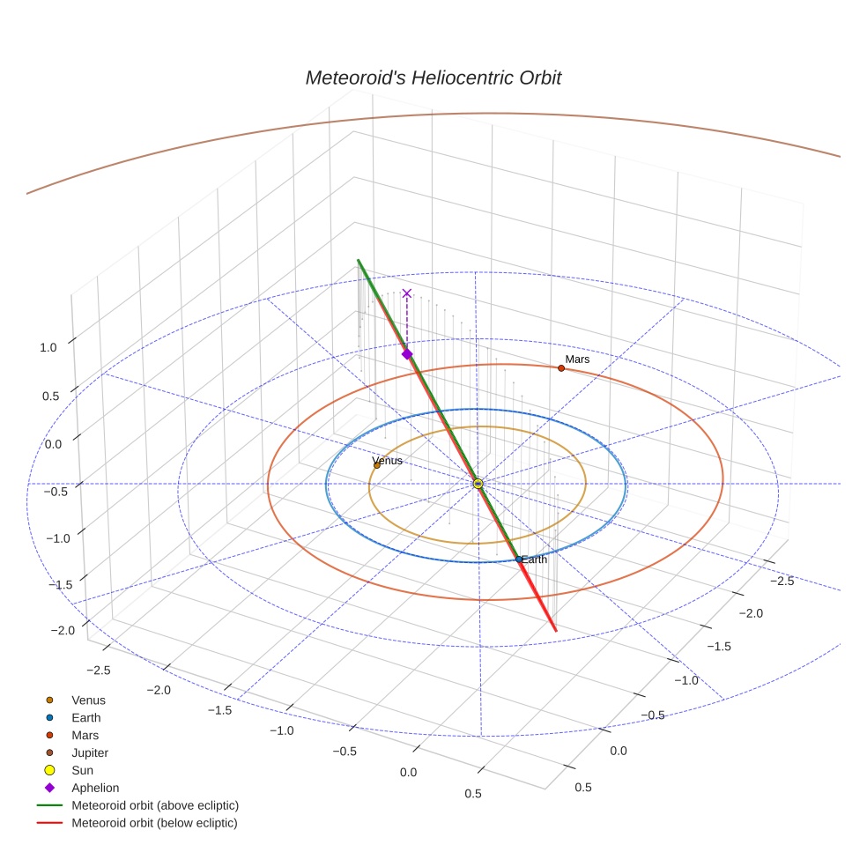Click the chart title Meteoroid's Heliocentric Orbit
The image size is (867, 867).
coord(433,78)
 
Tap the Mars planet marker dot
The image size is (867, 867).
coord(561,367)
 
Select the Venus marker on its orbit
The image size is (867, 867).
coord(377,465)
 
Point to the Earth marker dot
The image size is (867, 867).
coord(519,559)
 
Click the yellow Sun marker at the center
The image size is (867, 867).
coord(478,484)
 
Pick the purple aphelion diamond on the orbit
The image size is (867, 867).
coord(407,353)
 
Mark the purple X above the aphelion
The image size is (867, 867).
coord(406,293)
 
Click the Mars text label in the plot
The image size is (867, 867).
coord(577,359)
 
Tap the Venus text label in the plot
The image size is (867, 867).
coord(388,460)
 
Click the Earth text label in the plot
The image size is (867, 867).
coord(534,559)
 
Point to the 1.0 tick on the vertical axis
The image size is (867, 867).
coord(48,347)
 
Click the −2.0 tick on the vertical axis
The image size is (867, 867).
coord(62,631)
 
